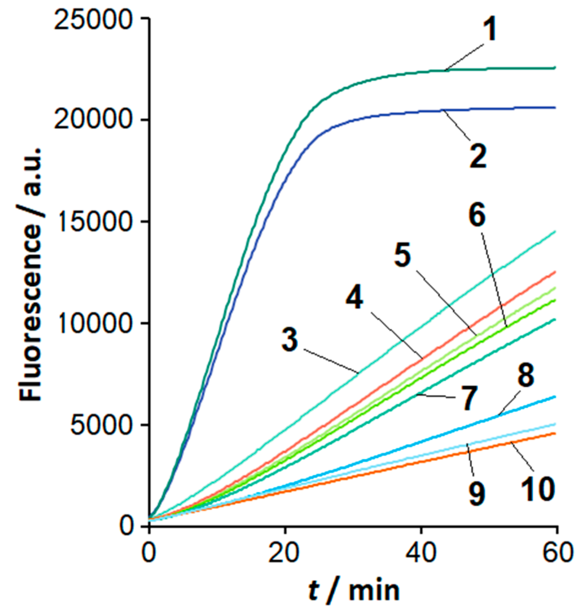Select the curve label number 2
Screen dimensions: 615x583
[x=478, y=156]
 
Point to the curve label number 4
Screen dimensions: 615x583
[x=354, y=298]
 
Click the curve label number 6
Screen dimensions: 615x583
[x=477, y=215]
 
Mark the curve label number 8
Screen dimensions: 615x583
[x=526, y=375]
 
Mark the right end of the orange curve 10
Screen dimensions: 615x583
[x=555, y=433]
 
